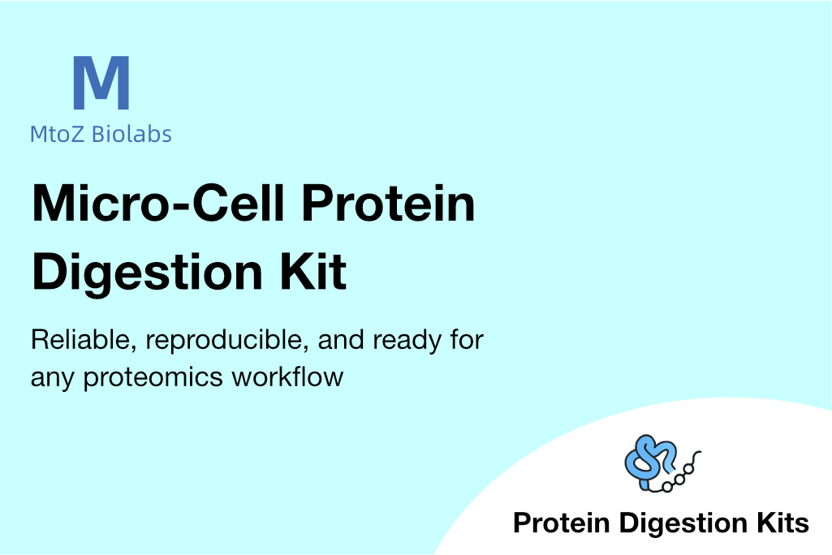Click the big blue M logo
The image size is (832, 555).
101,83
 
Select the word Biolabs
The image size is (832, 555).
131,134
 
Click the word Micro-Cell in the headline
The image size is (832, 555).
158,203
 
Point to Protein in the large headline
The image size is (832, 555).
389,203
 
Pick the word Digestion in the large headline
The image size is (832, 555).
148,272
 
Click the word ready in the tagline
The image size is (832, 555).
407,341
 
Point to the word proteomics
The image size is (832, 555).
153,378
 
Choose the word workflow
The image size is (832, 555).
287,376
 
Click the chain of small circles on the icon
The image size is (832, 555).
679,476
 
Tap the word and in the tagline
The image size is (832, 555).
341,340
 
